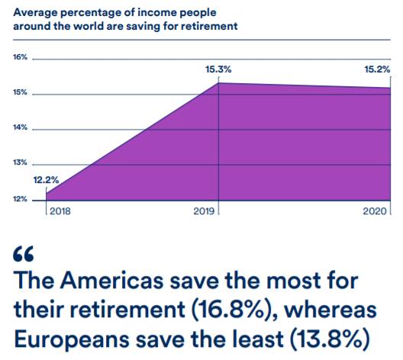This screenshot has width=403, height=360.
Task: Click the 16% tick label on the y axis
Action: coord(20,57)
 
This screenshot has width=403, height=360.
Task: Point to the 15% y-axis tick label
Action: coord(20,92)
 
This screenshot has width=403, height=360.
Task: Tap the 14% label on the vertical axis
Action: coord(20,127)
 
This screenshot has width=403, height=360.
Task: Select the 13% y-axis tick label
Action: coord(20,162)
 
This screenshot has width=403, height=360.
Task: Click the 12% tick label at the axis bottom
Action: coord(20,199)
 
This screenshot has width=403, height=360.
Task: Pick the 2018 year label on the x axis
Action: coord(60,211)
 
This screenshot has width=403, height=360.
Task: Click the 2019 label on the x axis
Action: coord(204,211)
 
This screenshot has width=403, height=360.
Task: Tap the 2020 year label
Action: coord(375,211)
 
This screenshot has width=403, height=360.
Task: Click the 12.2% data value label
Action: coord(47,180)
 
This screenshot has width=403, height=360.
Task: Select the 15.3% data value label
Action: coord(218,69)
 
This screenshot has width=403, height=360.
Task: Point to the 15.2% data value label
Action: coord(377,69)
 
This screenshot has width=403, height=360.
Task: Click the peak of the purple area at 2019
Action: coord(218,82)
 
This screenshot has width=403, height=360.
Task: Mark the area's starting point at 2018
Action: coord(47,194)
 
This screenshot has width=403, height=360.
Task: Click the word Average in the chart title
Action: coord(35,13)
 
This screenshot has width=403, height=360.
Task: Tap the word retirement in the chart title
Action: coord(209,26)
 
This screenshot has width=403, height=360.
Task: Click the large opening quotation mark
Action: coord(23,254)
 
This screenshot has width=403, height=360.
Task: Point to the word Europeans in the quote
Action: coord(72,339)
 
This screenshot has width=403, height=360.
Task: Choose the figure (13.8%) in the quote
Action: coord(330,339)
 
